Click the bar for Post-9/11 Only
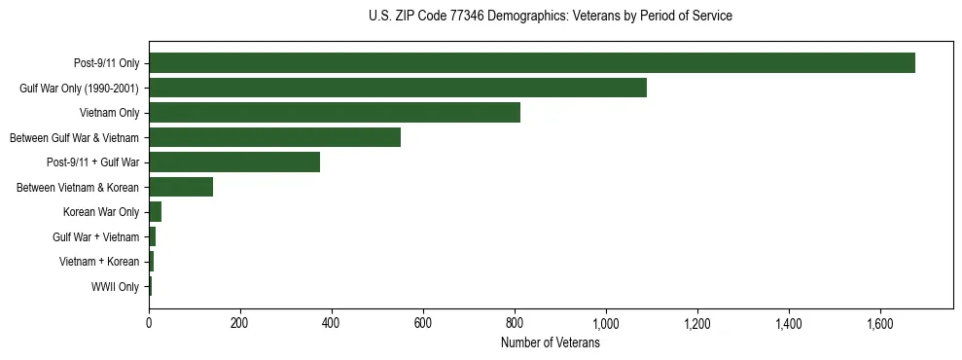coord(531,63)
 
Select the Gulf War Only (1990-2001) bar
coord(397,89)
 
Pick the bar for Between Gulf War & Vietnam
coord(274,137)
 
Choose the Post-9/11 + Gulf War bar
coord(233,162)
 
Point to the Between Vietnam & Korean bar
coord(181,187)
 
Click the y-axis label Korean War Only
coord(101,212)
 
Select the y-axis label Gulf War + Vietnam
coord(96,236)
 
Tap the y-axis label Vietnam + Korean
coord(99,262)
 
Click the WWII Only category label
coord(115,286)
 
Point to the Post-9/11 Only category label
coord(107,63)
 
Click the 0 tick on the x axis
coord(149,323)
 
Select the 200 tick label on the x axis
coord(240,323)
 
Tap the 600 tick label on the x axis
coord(423,323)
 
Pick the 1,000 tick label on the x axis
coord(606,323)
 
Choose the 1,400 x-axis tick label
coord(789,323)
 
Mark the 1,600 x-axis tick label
coord(880,323)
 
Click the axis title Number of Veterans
coord(550,342)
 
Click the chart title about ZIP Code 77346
coord(550,17)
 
